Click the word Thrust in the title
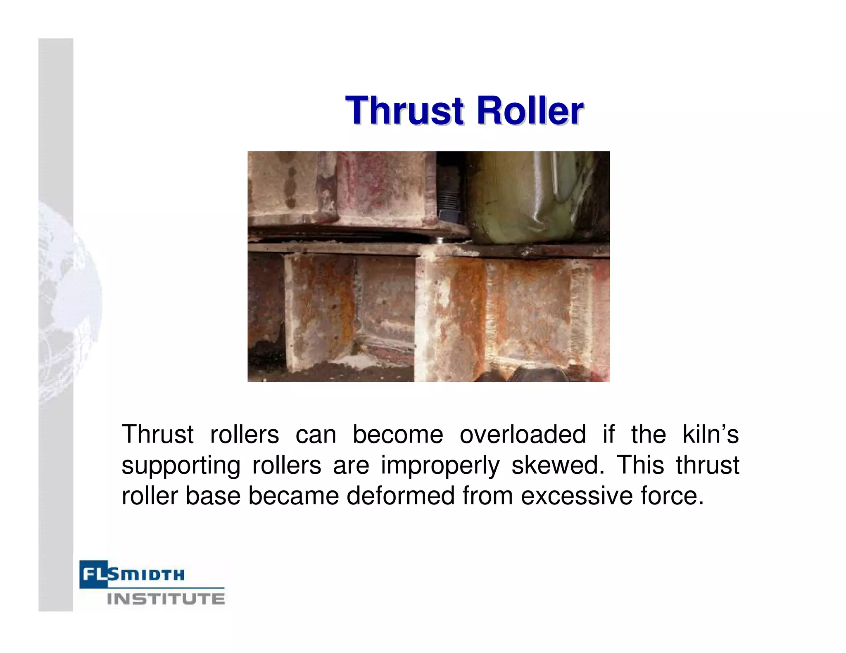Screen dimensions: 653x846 (x=404, y=111)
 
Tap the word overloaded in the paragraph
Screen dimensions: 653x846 (x=523, y=434)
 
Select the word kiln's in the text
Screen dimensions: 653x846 (x=710, y=434)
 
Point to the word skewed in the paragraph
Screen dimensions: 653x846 (x=555, y=465)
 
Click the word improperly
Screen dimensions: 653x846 (x=440, y=465)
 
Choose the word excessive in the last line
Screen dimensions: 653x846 (x=577, y=496)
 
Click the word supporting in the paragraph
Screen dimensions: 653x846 (x=181, y=465)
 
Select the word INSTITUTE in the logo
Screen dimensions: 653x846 (x=166, y=599)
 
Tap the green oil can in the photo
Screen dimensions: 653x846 (x=533, y=198)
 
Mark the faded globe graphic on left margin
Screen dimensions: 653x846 (x=68, y=301)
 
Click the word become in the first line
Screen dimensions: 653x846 (x=397, y=434)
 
